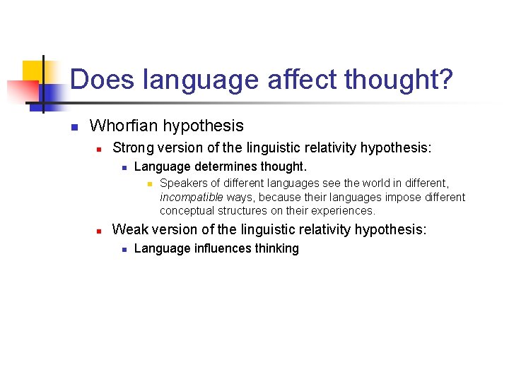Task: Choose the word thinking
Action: click(x=276, y=248)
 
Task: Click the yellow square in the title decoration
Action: click(x=33, y=71)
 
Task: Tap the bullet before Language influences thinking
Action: click(x=123, y=249)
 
